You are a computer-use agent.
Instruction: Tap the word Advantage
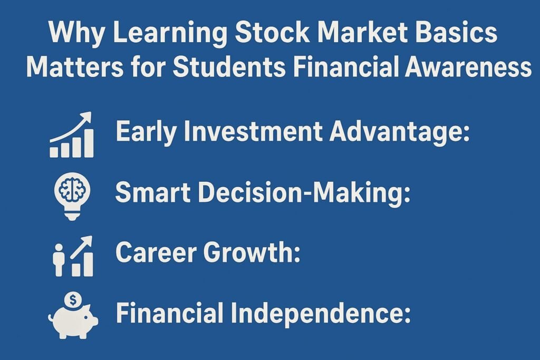click(x=399, y=132)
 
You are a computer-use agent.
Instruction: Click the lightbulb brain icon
click(x=72, y=194)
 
